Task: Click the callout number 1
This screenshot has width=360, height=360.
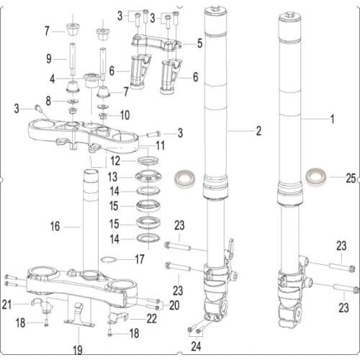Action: [332, 117]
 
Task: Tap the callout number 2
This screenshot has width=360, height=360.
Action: [258, 132]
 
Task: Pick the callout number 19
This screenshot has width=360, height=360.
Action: [78, 350]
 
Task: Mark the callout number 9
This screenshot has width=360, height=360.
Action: [49, 58]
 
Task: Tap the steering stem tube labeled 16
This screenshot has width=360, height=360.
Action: [91, 216]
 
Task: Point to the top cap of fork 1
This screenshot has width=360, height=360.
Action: [289, 16]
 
